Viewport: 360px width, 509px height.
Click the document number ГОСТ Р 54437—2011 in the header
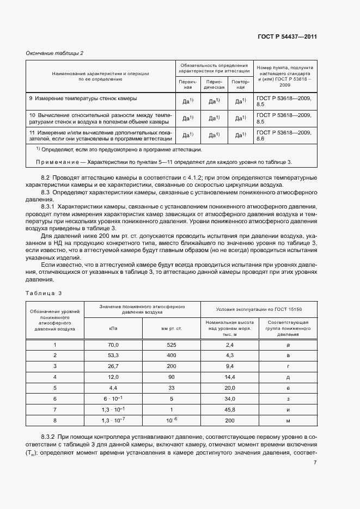pos(287,37)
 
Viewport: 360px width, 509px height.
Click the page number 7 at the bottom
pos(315,463)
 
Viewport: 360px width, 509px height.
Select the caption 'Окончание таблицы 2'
pos(54,53)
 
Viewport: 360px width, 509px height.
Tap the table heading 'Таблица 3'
pos(44,293)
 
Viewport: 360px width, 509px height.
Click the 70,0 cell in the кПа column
pos(113,345)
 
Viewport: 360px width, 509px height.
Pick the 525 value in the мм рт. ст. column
pos(171,345)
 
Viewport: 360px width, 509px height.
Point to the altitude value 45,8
pos(229,409)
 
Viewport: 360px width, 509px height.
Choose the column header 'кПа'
pos(113,328)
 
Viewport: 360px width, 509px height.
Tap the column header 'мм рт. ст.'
pos(171,328)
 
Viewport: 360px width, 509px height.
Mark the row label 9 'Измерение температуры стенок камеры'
pos(83,99)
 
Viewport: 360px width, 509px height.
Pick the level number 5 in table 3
pos(54,388)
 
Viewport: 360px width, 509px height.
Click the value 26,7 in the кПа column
pos(113,366)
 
